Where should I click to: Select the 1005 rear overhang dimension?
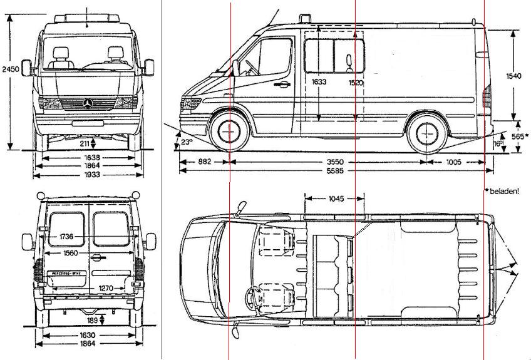[454, 162]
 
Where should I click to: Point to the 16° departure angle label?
[498, 143]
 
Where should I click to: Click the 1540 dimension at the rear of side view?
[513, 76]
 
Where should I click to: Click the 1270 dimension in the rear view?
[106, 288]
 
